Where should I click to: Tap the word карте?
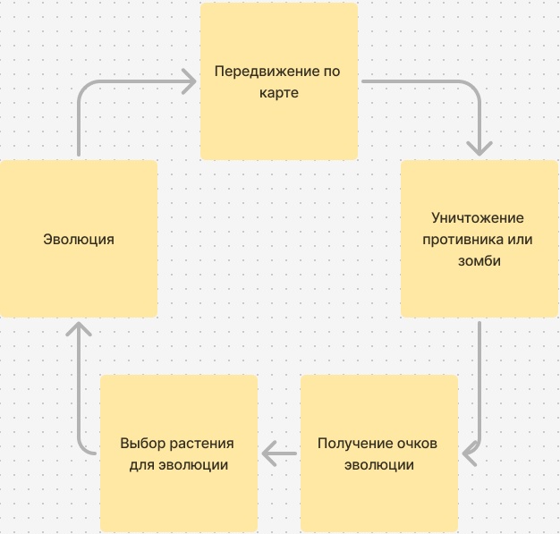click(279, 92)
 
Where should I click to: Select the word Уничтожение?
click(477, 218)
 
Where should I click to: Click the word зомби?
click(479, 261)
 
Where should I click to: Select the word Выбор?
click(141, 444)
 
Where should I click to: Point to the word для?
click(143, 465)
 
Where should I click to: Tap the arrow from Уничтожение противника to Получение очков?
click(480, 385)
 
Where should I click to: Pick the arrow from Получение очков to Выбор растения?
click(280, 454)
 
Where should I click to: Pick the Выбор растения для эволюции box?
click(179, 496)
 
